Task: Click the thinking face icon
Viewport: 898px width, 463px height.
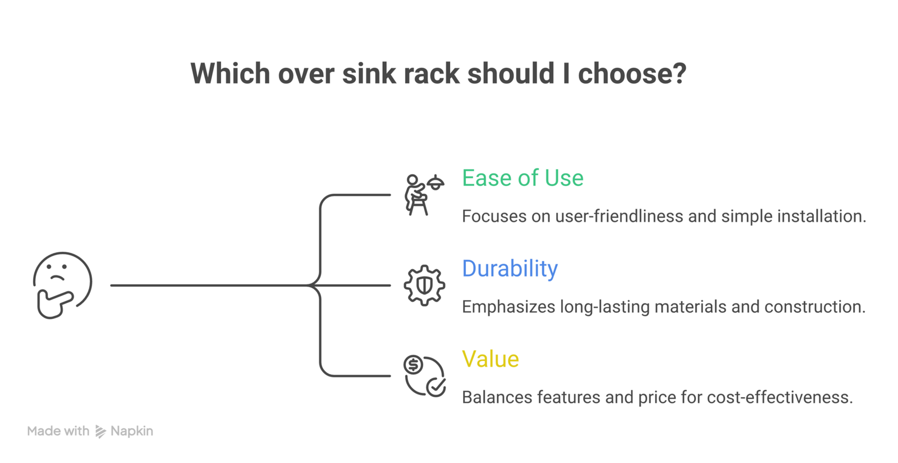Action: click(62, 285)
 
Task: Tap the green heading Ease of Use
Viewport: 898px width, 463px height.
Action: click(523, 178)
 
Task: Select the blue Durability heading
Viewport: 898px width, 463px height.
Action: click(510, 269)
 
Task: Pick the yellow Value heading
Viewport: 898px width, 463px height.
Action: click(491, 358)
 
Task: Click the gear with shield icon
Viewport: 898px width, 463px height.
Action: click(424, 285)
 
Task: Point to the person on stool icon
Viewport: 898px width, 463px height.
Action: click(415, 195)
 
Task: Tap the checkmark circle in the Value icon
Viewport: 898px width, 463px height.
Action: click(436, 387)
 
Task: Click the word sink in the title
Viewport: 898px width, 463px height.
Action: click(369, 74)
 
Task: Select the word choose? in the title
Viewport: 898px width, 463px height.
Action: click(632, 74)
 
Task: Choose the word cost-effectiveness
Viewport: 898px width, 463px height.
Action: click(780, 398)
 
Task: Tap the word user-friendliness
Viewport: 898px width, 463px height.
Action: click(619, 216)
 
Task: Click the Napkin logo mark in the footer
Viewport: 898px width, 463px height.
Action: click(100, 432)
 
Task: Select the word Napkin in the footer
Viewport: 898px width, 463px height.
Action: click(132, 432)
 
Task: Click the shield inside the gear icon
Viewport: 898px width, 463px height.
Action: click(424, 285)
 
